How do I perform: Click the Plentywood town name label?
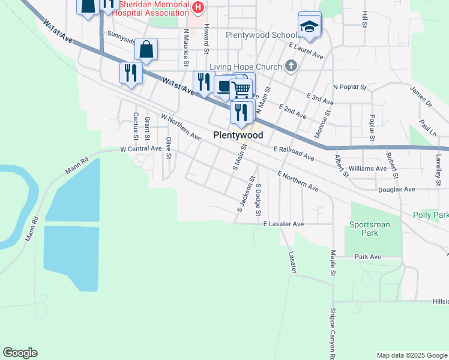tap(238, 136)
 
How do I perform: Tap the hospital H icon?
tap(199, 7)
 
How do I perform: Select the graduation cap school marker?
tap(310, 26)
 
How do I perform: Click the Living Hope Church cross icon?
tap(291, 65)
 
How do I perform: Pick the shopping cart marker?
tap(241, 90)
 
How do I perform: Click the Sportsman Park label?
tap(370, 229)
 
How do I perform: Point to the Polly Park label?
tap(431, 215)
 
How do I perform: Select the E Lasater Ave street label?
tap(284, 224)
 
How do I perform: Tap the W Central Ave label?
tap(141, 148)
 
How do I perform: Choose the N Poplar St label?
tap(349, 87)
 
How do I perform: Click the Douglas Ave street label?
tap(397, 190)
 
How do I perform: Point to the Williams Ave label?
tap(367, 169)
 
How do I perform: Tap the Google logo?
tap(20, 353)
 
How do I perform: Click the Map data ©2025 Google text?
tap(411, 355)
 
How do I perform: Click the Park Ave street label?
tap(368, 257)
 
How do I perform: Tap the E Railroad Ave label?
tap(294, 153)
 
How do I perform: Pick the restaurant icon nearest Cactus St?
tap(130, 73)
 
